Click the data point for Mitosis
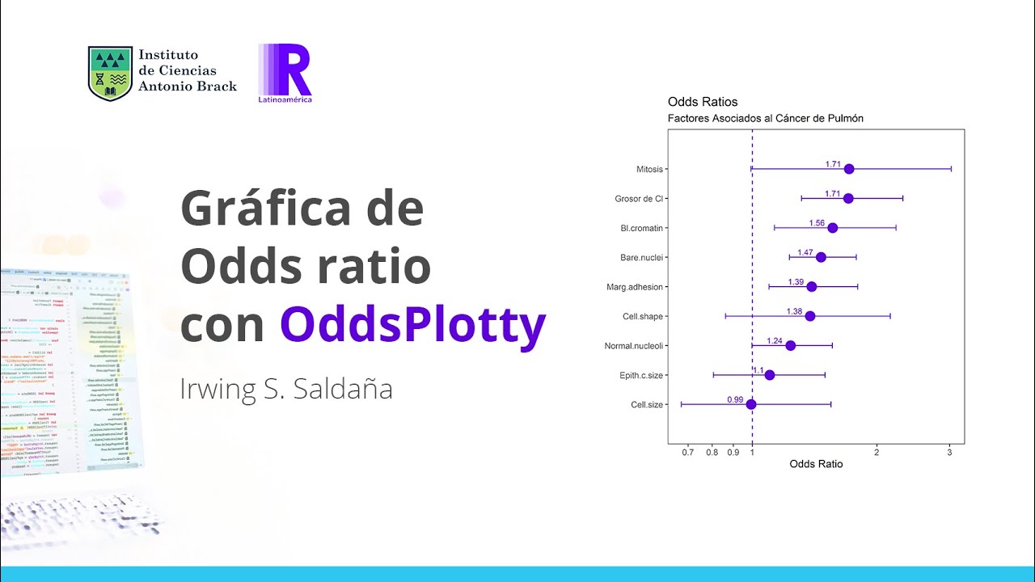tap(849, 169)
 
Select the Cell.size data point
tap(751, 404)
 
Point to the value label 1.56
tap(817, 223)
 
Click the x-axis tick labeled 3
tap(950, 452)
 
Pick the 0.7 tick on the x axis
tap(688, 452)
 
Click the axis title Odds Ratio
tap(816, 464)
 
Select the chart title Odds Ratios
tap(703, 102)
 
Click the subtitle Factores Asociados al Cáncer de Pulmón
tap(765, 118)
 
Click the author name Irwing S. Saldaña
tap(286, 389)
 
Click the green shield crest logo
tap(110, 73)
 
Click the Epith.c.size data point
tap(770, 375)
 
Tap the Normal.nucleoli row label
tap(634, 346)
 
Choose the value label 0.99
tap(735, 399)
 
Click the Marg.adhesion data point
tap(812, 287)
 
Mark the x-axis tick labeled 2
tap(877, 452)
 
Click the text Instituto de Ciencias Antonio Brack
tap(187, 70)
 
